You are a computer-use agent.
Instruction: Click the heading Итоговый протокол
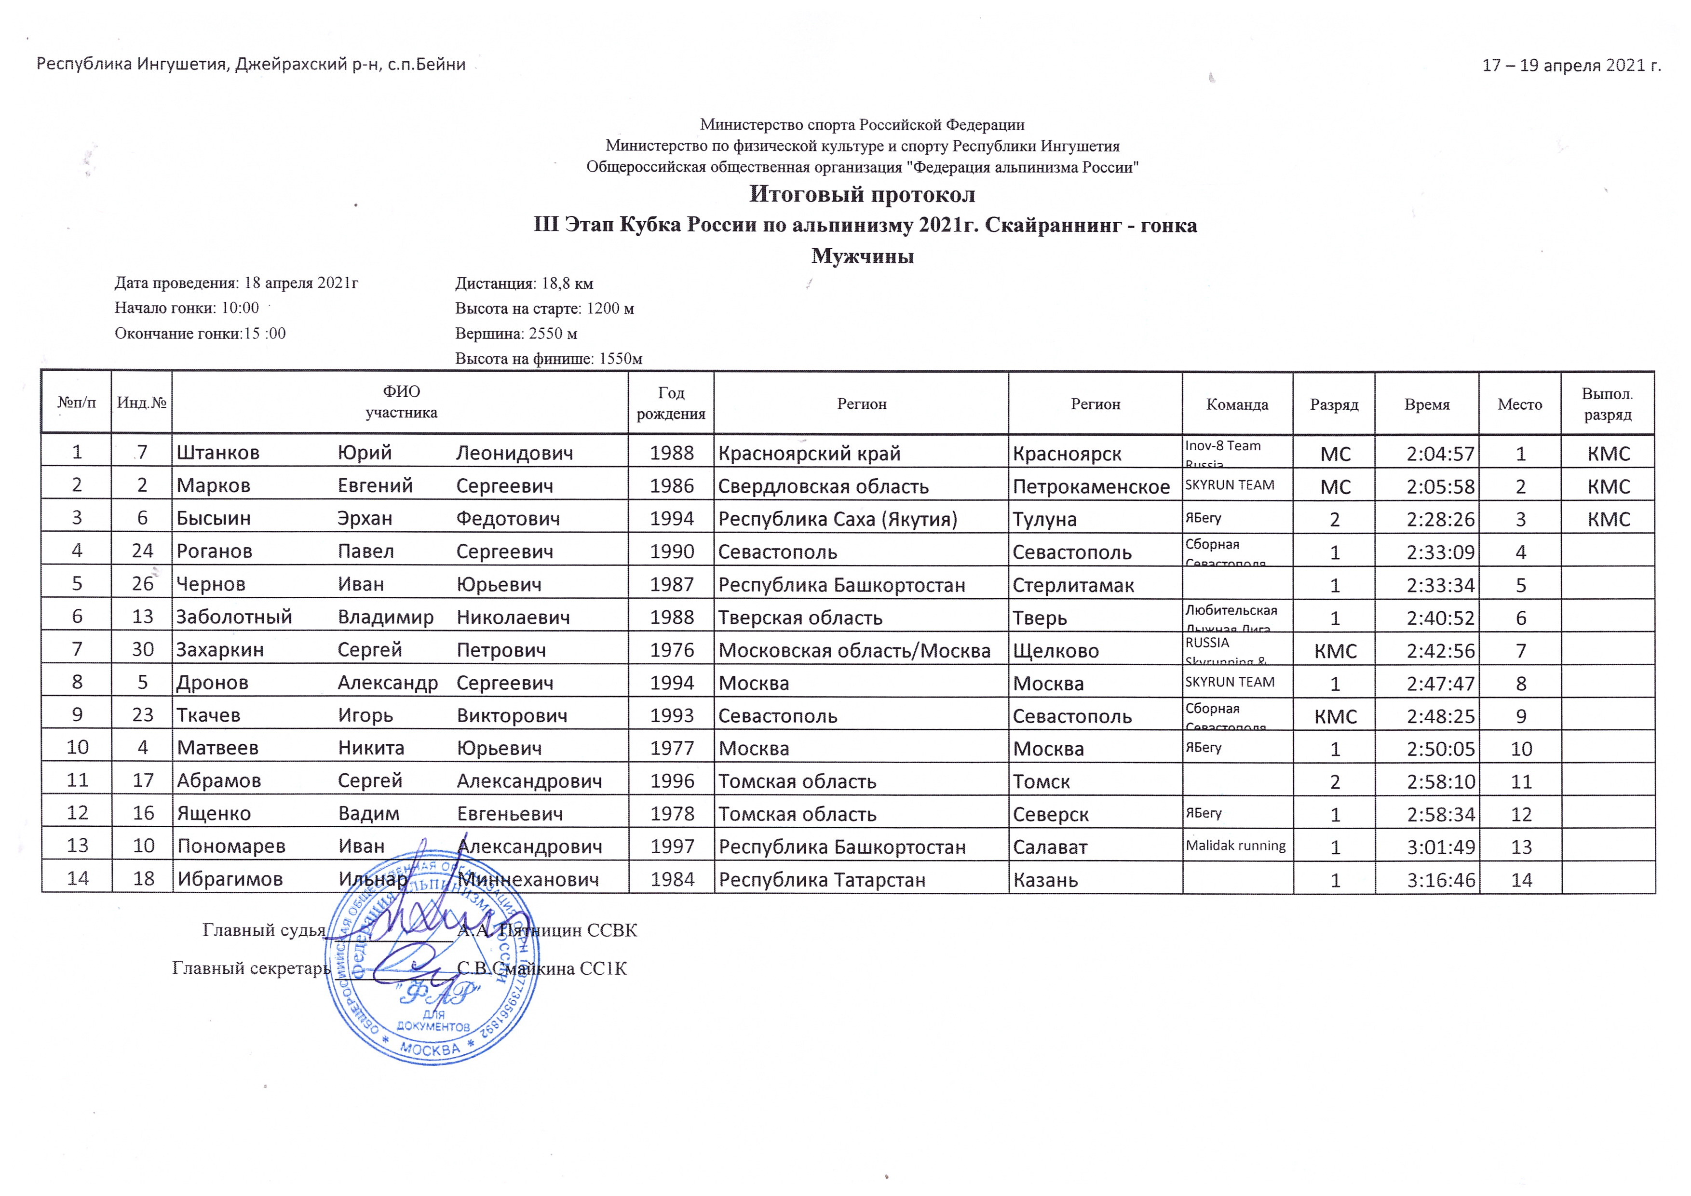tap(862, 194)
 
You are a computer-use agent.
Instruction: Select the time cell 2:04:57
tap(1440, 454)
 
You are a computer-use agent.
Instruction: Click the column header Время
tap(1427, 404)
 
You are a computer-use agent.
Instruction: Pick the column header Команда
tap(1237, 404)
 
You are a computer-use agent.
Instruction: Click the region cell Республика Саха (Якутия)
tap(838, 519)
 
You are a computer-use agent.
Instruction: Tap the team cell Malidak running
tap(1235, 846)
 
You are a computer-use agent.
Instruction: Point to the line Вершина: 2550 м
tap(515, 334)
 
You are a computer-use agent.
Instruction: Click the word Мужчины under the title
tap(862, 256)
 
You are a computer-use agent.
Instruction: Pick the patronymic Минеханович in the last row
tap(528, 879)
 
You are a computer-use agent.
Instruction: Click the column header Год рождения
tap(670, 403)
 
